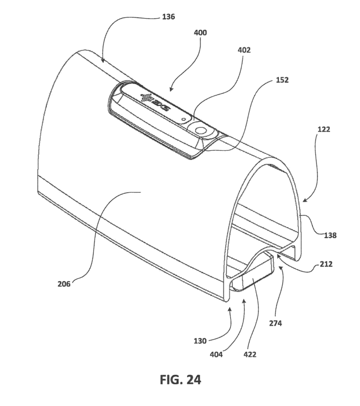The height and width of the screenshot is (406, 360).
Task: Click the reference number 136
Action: (169, 17)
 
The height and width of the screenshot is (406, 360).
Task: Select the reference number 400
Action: (201, 33)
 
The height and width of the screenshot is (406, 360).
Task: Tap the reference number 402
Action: (244, 50)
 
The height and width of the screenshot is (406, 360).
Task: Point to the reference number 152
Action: (282, 80)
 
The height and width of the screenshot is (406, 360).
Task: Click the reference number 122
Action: (324, 129)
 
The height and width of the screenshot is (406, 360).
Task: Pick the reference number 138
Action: (330, 236)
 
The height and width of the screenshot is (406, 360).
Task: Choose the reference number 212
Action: (326, 264)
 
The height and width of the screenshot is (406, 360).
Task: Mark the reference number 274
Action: (275, 323)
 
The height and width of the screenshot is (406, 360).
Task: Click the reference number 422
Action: (250, 354)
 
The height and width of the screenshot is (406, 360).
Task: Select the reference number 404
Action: (216, 354)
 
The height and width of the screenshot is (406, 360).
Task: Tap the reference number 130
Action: (200, 341)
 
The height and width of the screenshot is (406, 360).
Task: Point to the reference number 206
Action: (64, 284)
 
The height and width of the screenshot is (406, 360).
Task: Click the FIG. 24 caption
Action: (180, 379)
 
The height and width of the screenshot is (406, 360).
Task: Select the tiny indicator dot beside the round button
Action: (184, 119)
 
